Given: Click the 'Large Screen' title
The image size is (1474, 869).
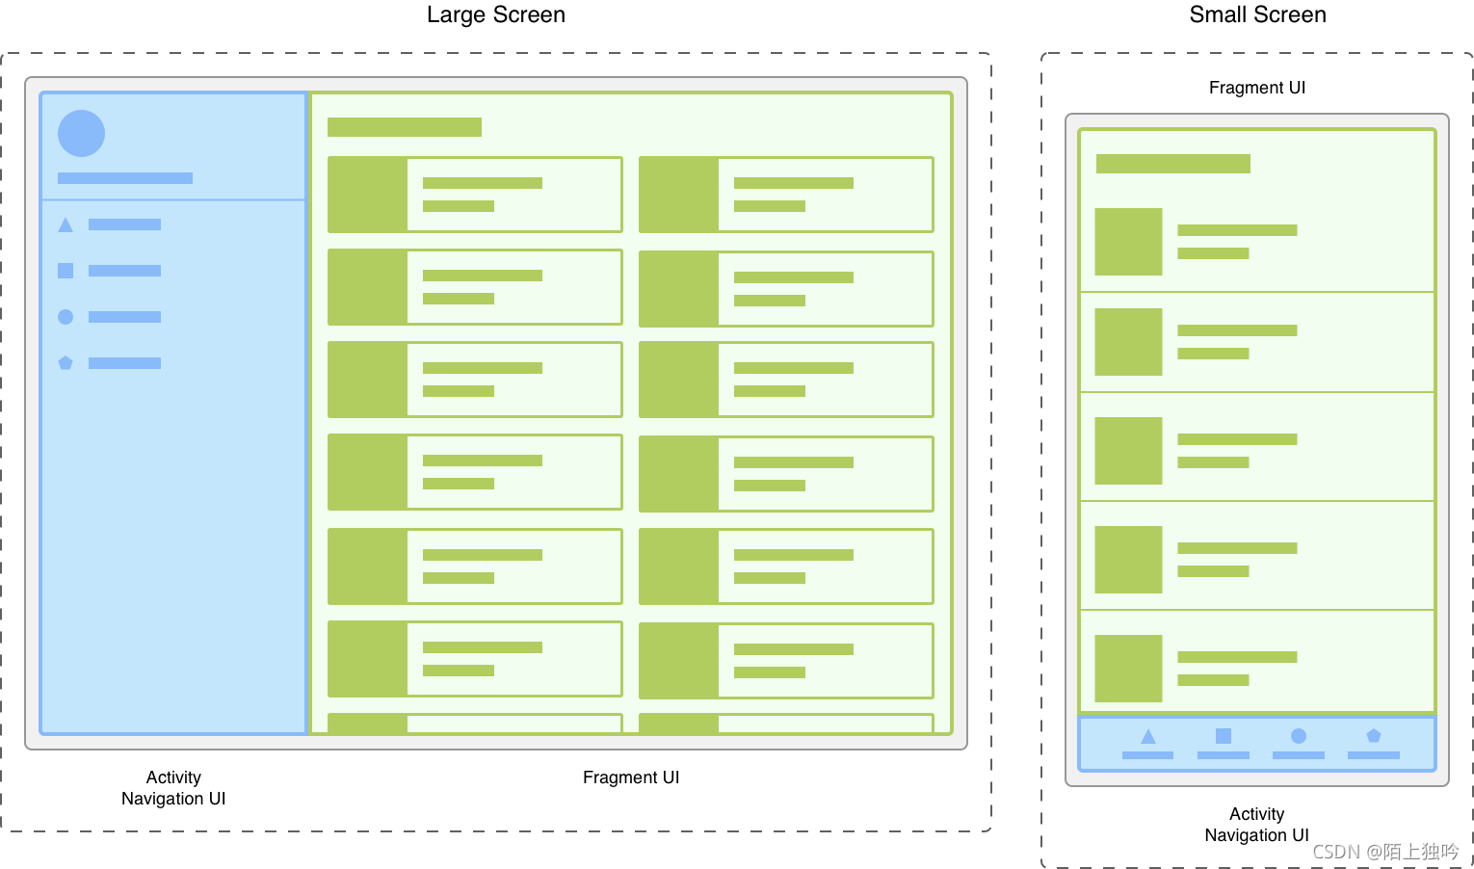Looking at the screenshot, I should pyautogui.click(x=495, y=14).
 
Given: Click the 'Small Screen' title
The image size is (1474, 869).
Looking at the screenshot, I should pyautogui.click(x=1257, y=14).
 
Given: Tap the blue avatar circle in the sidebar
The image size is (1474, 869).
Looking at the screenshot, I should pyautogui.click(x=81, y=133).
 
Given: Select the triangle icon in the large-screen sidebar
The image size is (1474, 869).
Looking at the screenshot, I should pyautogui.click(x=66, y=225).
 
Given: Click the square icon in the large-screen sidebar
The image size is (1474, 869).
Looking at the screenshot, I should pyautogui.click(x=66, y=271).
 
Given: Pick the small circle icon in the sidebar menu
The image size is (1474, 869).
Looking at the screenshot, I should pyautogui.click(x=66, y=317).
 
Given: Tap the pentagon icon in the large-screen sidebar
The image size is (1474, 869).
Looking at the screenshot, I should pyautogui.click(x=66, y=363).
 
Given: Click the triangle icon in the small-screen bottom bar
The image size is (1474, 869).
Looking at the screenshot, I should pyautogui.click(x=1147, y=737).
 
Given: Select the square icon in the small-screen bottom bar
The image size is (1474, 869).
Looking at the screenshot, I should pyautogui.click(x=1224, y=736).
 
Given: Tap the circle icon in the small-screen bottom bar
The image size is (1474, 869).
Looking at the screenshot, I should pyautogui.click(x=1299, y=736).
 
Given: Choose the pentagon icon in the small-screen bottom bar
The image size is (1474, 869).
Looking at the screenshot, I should pyautogui.click(x=1374, y=736).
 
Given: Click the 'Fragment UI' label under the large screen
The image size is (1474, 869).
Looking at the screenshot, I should pyautogui.click(x=631, y=777).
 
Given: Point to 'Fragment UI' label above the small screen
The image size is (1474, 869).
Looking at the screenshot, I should pyautogui.click(x=1257, y=88).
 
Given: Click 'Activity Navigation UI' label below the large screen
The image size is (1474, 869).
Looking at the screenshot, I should pyautogui.click(x=173, y=788).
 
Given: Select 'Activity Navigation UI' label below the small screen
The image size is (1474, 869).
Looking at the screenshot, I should pyautogui.click(x=1256, y=825).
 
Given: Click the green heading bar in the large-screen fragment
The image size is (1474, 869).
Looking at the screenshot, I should pyautogui.click(x=405, y=127).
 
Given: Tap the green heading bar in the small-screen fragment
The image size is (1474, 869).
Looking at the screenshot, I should pyautogui.click(x=1172, y=164).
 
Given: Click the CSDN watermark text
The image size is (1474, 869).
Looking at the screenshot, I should pyautogui.click(x=1385, y=852).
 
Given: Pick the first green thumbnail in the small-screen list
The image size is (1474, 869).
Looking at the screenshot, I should pyautogui.click(x=1128, y=242).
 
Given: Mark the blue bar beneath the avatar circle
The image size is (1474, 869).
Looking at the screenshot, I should pyautogui.click(x=125, y=178).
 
